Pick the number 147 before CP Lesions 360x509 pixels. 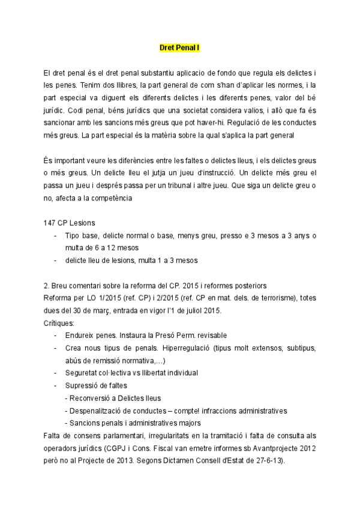[50, 222]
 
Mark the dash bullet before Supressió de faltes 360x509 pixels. [56, 385]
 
